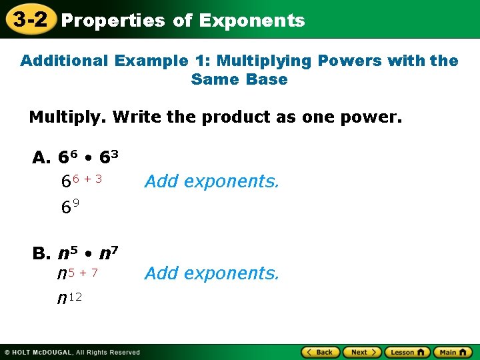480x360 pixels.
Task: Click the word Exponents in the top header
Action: (251, 21)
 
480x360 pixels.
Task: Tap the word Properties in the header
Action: (113, 21)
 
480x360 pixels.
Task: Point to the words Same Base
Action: (239, 79)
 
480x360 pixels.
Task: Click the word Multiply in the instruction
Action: (66, 118)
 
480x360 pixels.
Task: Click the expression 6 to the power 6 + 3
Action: (81, 181)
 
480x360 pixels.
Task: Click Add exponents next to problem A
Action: (211, 181)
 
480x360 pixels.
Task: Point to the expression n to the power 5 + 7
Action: (78, 273)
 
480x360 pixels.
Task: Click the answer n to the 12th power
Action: (69, 298)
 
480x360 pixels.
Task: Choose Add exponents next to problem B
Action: (211, 273)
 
